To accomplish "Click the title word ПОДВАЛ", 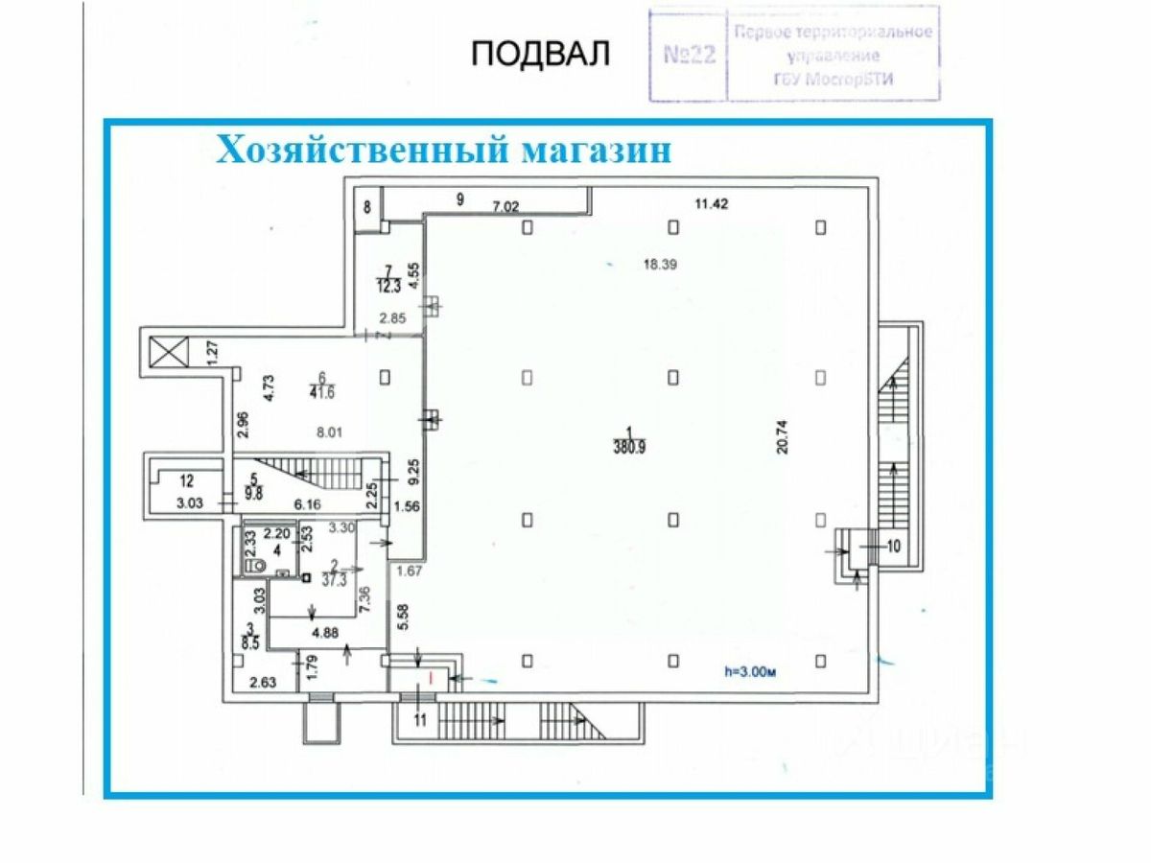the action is pos(540,55).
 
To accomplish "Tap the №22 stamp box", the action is pos(690,54).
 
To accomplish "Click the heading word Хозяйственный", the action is pos(362,152).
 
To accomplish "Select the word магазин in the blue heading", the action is pos(595,152).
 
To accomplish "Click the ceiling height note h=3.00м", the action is pos(749,671).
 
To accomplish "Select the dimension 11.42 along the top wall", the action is pos(713,202).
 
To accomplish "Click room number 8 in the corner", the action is pos(367,206).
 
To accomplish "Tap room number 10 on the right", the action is pos(894,547).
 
